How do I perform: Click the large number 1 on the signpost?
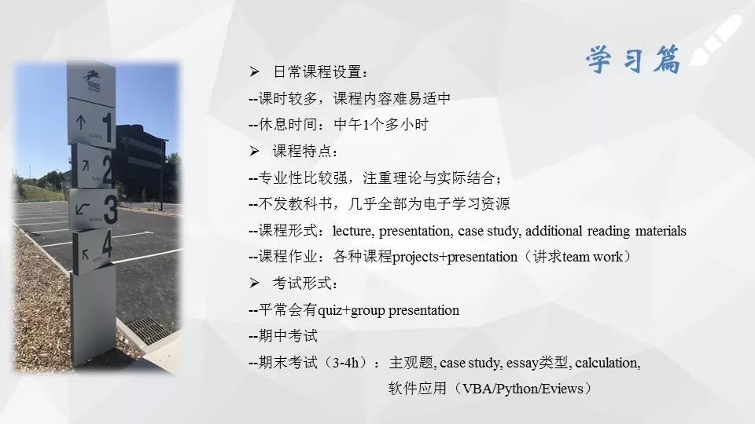(x=107, y=127)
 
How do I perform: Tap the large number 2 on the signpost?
(x=108, y=169)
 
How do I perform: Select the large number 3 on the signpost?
(x=111, y=210)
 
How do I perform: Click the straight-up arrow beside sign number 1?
(x=81, y=123)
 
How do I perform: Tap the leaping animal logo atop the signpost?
(x=91, y=76)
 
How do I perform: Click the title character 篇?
(x=667, y=60)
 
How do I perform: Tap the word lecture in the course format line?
(x=352, y=231)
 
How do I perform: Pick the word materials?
(x=661, y=231)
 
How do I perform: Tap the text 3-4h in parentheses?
(x=346, y=363)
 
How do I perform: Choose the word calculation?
(x=608, y=363)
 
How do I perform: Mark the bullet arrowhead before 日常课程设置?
(x=254, y=72)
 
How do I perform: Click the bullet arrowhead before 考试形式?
(x=254, y=283)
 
